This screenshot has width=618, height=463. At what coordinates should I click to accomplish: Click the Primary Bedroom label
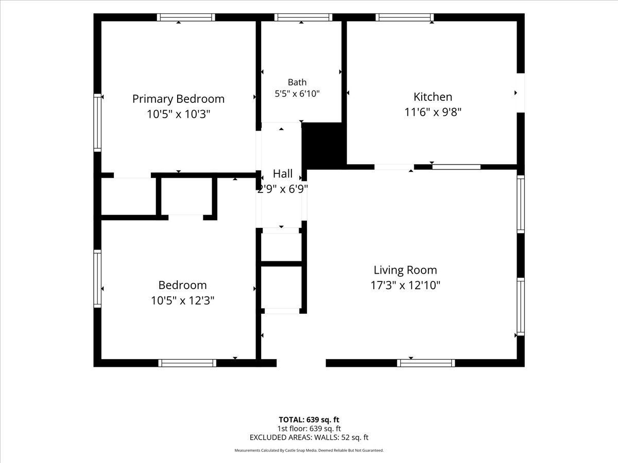click(178, 99)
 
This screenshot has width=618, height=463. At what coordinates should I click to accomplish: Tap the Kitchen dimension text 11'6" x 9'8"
click(433, 112)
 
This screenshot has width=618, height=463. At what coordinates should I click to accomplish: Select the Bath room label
click(297, 82)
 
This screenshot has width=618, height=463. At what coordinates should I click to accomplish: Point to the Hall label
click(283, 174)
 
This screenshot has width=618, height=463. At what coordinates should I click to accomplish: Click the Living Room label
click(405, 270)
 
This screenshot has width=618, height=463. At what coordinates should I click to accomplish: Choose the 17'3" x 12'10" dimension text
click(405, 286)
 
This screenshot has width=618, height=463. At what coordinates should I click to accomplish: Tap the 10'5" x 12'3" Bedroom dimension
click(182, 300)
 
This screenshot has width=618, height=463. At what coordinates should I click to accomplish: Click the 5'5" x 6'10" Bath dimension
click(297, 93)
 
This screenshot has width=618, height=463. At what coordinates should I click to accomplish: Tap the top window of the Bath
click(303, 17)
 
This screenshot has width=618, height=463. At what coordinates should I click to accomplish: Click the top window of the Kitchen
click(404, 17)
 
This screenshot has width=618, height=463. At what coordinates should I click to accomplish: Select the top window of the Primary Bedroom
click(186, 17)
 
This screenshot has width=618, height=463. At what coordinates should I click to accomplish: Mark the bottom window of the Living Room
click(426, 363)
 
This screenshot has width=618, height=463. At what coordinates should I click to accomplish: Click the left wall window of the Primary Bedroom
click(97, 122)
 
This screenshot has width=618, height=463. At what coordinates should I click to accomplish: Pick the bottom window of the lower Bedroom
click(187, 363)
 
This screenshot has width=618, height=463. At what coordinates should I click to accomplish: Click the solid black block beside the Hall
click(324, 146)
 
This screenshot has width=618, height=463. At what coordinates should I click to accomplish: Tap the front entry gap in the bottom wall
click(301, 363)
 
